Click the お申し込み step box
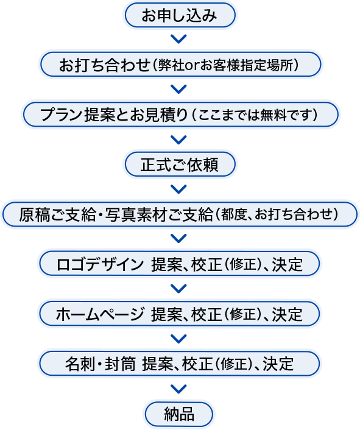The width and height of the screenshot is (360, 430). click(x=180, y=15)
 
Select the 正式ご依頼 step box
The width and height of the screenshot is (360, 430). click(x=180, y=164)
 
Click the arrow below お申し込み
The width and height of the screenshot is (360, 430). click(x=178, y=39)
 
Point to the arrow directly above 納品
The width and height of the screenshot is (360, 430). click(x=178, y=389)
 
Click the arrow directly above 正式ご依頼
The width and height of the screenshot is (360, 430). click(x=178, y=139)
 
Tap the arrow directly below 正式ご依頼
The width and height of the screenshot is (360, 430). click(x=178, y=189)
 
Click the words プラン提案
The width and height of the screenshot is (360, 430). click(x=77, y=115)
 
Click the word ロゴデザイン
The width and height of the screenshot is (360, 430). click(x=100, y=264)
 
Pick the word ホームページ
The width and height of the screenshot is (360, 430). click(x=100, y=314)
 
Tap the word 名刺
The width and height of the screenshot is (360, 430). click(x=80, y=364)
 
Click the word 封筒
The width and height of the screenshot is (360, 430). click(x=120, y=364)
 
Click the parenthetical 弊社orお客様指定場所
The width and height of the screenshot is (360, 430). click(x=225, y=65)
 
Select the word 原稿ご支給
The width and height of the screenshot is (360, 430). click(x=57, y=214)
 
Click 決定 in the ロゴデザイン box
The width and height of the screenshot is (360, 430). click(x=288, y=264)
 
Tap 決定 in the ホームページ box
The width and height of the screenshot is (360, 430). click(x=288, y=314)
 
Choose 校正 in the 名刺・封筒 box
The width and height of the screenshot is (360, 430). click(x=197, y=364)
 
